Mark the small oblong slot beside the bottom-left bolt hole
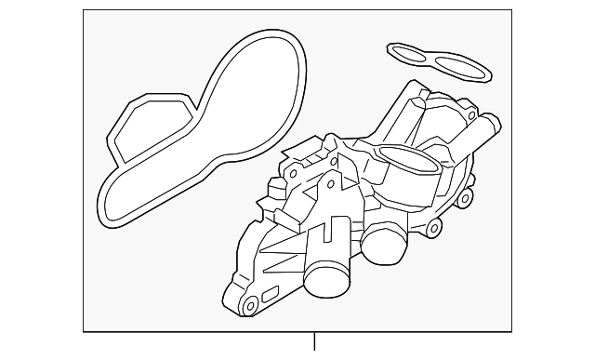[x=271, y=296]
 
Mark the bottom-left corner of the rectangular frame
[x=84, y=332]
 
